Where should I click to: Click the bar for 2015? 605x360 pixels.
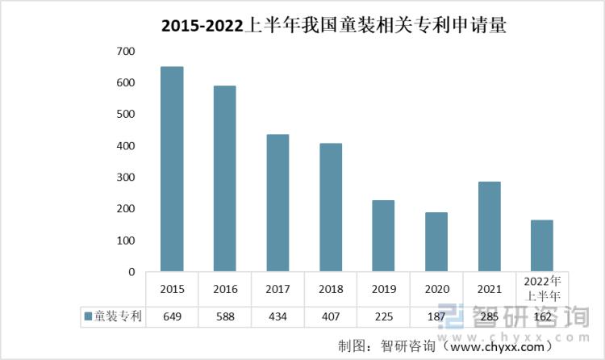[172, 169]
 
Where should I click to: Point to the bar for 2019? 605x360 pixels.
[383, 236]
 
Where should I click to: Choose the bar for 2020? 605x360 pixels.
[436, 242]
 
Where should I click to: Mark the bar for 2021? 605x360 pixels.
[489, 227]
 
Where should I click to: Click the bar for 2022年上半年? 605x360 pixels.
[542, 245]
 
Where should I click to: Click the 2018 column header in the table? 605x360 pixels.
[331, 289]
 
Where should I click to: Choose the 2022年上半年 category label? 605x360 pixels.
[542, 289]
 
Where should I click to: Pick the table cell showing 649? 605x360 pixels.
[172, 316]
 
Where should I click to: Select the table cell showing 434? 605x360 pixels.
[277, 316]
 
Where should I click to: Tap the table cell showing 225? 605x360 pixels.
[383, 316]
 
